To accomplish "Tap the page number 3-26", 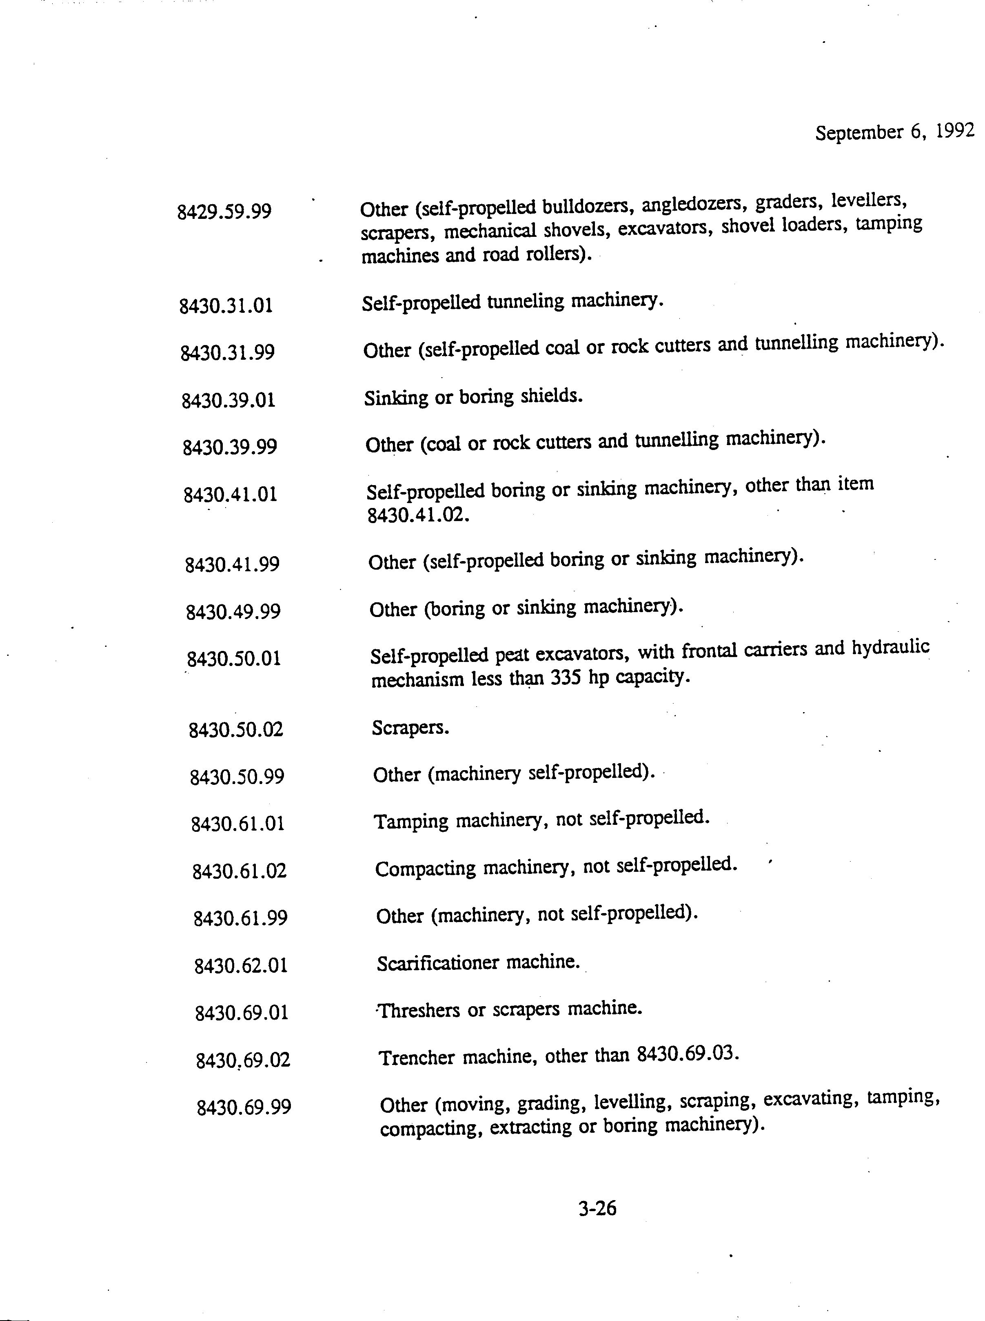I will click(597, 1208).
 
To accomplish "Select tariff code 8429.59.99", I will click(224, 211).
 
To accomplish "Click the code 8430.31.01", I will click(226, 306).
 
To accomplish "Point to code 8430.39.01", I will click(229, 400).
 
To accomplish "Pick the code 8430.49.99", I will click(233, 612).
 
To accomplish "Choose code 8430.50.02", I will click(236, 729).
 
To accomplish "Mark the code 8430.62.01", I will click(241, 965).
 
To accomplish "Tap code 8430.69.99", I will click(244, 1107).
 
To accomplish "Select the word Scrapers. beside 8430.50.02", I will click(410, 727).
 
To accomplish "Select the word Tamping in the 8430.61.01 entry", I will click(411, 821).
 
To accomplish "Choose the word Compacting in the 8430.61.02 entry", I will click(425, 868).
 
